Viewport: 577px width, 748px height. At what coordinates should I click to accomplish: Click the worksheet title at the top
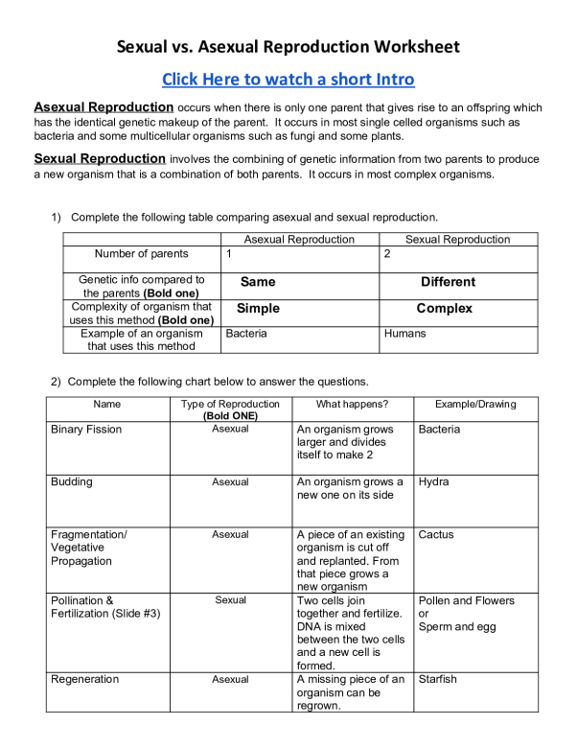[288, 46]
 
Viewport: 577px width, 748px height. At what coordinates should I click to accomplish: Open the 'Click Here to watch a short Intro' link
[288, 79]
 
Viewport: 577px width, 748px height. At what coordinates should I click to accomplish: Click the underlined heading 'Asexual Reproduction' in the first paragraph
[104, 107]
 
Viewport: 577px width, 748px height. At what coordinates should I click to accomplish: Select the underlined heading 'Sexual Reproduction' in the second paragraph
[100, 158]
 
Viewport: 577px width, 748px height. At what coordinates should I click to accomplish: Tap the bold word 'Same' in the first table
[258, 282]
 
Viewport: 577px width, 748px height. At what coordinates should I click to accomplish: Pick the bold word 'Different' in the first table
[448, 282]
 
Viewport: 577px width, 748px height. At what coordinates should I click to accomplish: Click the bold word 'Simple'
[258, 309]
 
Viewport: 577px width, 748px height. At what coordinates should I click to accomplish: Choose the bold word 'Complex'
[445, 309]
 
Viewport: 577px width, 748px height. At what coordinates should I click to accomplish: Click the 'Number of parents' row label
[141, 254]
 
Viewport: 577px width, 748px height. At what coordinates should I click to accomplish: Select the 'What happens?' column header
[352, 404]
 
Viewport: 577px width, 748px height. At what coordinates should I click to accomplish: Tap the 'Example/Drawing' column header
[475, 404]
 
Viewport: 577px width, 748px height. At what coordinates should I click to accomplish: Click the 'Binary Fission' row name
[86, 430]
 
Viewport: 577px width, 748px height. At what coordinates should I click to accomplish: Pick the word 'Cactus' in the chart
[436, 535]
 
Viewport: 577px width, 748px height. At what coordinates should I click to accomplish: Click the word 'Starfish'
[438, 679]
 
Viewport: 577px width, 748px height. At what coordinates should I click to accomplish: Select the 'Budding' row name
[72, 482]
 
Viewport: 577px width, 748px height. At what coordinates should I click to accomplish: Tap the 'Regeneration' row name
[85, 679]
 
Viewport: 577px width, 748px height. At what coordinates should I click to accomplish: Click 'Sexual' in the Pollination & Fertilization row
[230, 600]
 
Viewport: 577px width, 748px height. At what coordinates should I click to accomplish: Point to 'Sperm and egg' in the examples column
[457, 626]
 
